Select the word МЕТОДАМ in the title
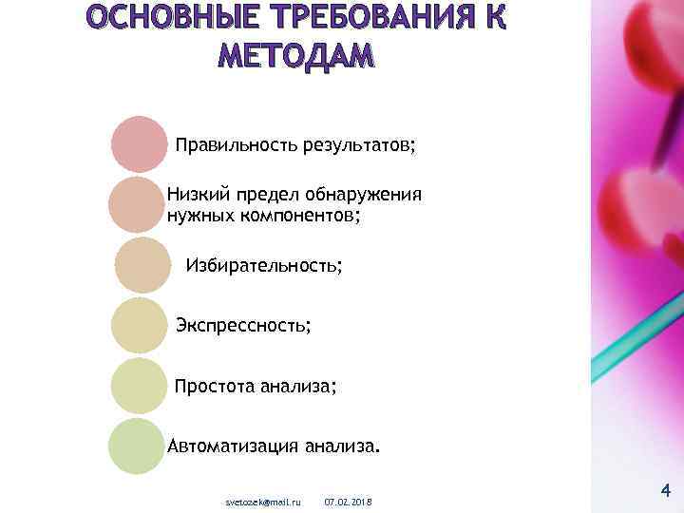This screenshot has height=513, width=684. pyautogui.click(x=296, y=56)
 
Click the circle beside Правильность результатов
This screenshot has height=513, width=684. pyautogui.click(x=139, y=144)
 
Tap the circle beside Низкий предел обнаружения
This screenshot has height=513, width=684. pyautogui.click(x=137, y=204)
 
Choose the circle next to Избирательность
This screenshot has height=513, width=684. pyautogui.click(x=142, y=264)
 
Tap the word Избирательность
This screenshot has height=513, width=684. pyautogui.click(x=263, y=265)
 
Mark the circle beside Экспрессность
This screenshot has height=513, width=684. pyautogui.click(x=139, y=325)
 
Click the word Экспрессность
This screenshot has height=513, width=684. pyautogui.click(x=242, y=326)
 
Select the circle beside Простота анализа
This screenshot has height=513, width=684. pyautogui.click(x=139, y=386)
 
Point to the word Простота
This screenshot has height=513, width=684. pyautogui.click(x=211, y=387)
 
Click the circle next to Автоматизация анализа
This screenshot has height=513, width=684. pyautogui.click(x=137, y=446)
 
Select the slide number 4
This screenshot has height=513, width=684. pyautogui.click(x=665, y=491)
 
